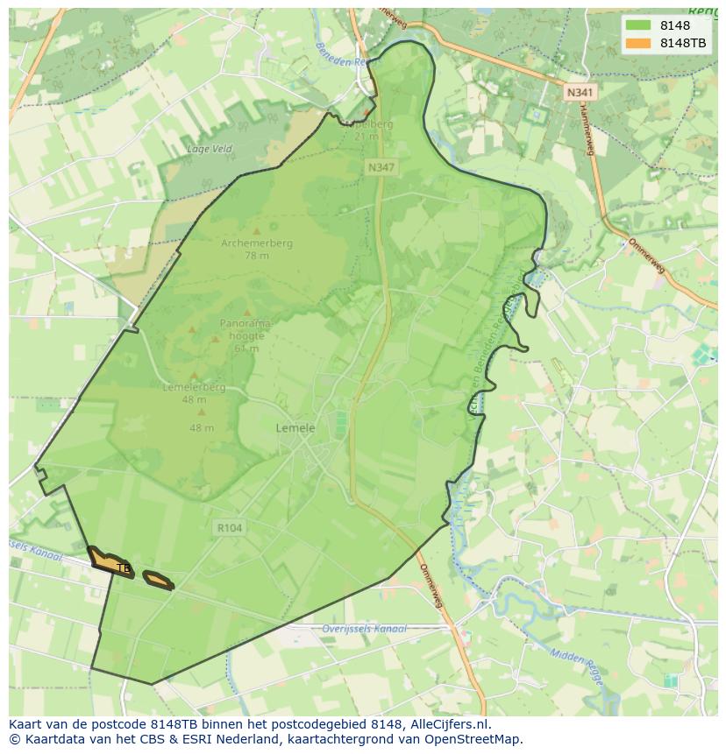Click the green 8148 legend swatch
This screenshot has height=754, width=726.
point(638,25)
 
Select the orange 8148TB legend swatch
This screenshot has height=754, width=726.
point(638,43)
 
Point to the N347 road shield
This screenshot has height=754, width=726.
point(380,166)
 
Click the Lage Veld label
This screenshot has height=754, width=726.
point(210,149)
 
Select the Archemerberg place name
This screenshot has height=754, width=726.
point(257,243)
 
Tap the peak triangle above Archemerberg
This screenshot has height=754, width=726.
point(257,231)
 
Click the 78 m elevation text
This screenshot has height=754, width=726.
point(257,256)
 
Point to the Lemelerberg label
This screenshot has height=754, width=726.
point(194,387)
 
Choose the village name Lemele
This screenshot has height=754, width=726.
point(295,428)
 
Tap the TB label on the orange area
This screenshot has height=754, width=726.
point(123,568)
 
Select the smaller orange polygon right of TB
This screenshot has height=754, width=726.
point(158,579)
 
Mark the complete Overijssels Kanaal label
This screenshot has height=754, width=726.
point(364,629)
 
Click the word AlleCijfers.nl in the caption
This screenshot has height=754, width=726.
point(447,724)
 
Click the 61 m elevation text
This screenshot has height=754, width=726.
point(246,348)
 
